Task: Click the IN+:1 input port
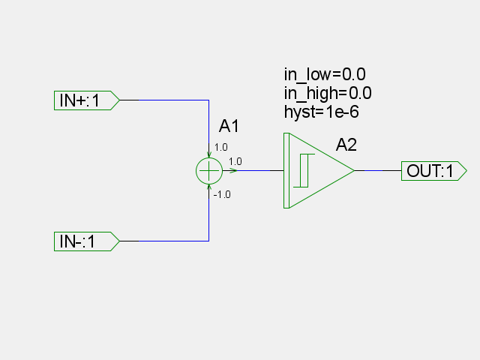87,100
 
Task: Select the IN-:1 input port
87,241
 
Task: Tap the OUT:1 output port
434,171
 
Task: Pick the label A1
229,126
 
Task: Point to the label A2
346,145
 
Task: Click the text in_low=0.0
325,74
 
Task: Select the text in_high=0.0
328,93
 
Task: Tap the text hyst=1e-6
322,112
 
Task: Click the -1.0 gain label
222,195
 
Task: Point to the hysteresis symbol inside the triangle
304,170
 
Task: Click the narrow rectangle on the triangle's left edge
286,171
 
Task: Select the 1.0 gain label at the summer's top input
221,147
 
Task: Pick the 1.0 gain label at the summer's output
235,161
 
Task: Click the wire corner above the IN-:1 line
209,241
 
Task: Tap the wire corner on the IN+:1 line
209,100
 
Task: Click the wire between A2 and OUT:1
378,171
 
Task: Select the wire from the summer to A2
253,171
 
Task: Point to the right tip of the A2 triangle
354,171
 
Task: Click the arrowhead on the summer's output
233,171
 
